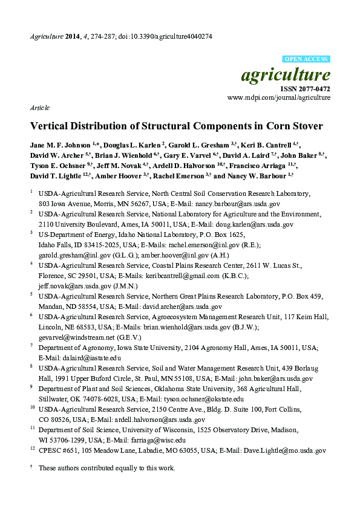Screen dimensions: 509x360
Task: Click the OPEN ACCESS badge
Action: (x=306, y=59)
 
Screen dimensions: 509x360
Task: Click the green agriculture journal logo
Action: (x=286, y=75)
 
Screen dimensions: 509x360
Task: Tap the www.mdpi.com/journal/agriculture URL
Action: (x=279, y=97)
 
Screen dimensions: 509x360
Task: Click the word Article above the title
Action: (x=39, y=108)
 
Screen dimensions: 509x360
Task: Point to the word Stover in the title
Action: (x=304, y=126)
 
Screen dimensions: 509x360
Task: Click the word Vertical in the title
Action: (x=51, y=126)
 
